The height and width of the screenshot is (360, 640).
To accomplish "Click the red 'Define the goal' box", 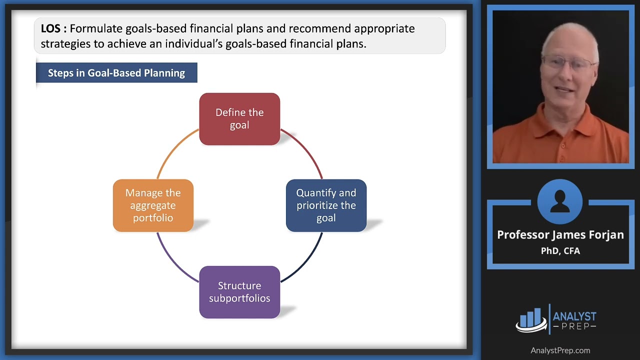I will pos(239,119).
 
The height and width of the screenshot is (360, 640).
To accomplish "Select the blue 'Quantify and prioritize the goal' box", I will pos(326,205).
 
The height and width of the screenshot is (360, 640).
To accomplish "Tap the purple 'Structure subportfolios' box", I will pos(239,292).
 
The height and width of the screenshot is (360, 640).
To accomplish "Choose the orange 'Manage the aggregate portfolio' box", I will pos(153,205).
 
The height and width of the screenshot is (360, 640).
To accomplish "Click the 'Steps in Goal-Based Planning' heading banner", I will pos(116,73).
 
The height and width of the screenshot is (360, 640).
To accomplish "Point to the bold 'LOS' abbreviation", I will pos(50,28).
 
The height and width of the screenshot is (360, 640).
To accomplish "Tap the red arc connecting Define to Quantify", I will pos(306,150).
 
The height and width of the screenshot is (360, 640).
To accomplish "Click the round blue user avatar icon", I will pos(560,201).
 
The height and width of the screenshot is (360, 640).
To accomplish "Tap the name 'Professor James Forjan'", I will pos(560,235).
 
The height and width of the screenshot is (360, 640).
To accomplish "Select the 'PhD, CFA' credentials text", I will pos(560,251).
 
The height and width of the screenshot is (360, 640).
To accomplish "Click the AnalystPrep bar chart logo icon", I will pos(531,319).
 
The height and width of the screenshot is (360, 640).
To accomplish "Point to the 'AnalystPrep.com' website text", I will pos(560,350).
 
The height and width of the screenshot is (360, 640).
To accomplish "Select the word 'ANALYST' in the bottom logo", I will pos(574,316).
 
